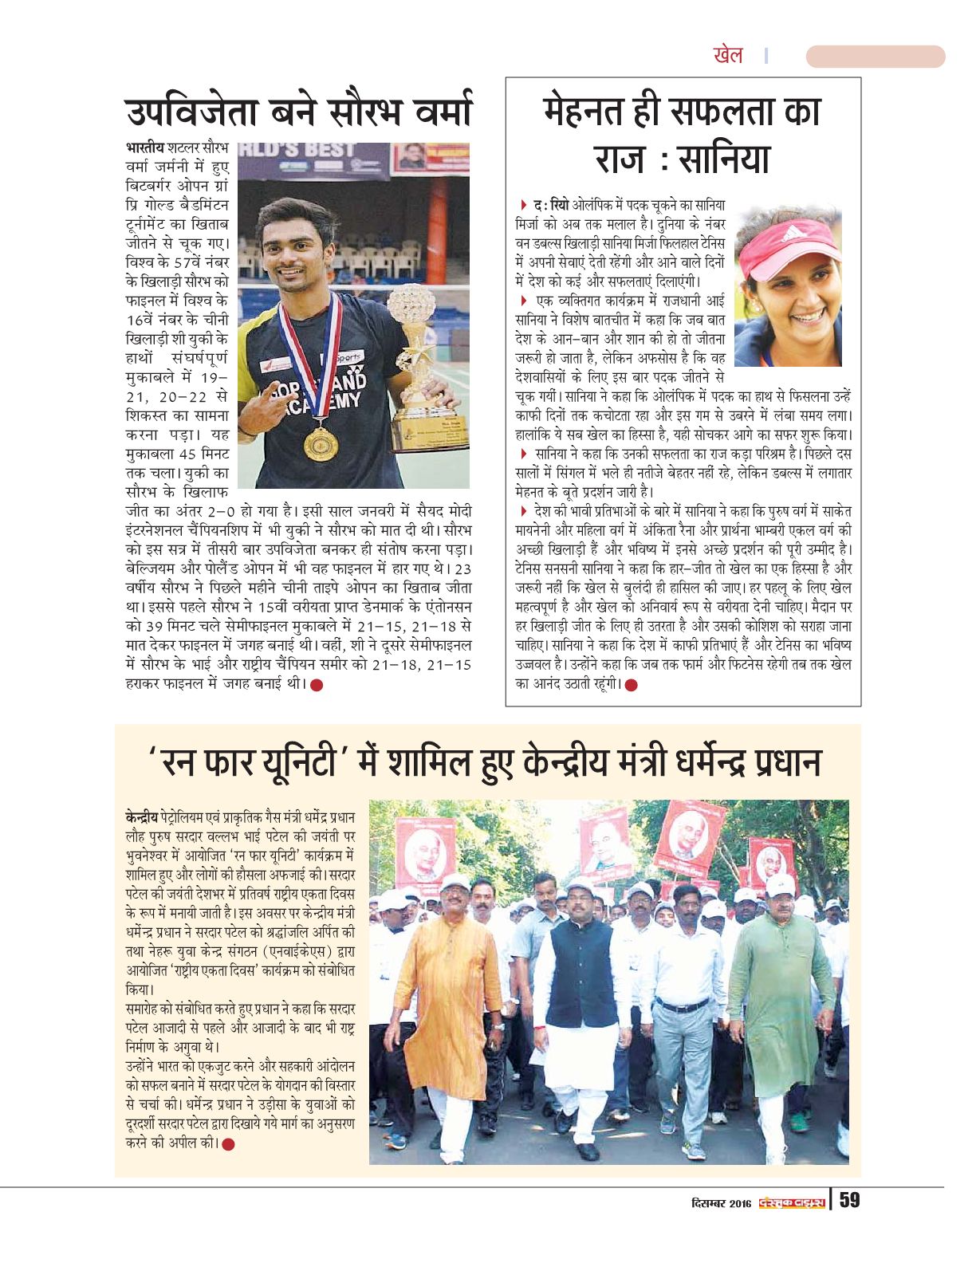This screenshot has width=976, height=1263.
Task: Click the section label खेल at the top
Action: click(727, 56)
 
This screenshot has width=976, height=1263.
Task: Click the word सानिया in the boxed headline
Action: click(722, 157)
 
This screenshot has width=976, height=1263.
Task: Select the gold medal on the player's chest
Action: click(321, 443)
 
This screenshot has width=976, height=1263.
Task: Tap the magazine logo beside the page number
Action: click(791, 1202)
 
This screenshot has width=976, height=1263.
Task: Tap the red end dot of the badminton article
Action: click(317, 685)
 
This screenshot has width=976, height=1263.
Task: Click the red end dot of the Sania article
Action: click(632, 685)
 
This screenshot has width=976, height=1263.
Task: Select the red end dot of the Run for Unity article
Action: click(229, 1144)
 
